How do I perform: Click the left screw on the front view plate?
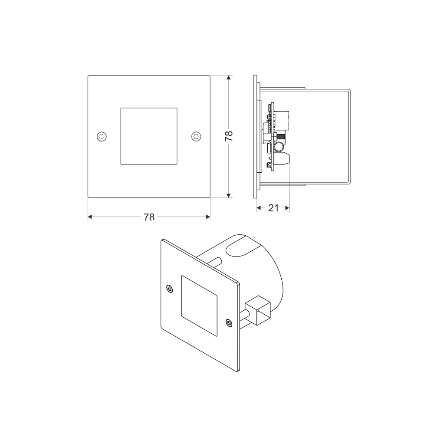102,136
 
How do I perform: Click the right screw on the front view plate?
196,136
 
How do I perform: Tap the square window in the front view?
149,136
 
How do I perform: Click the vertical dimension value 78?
229,136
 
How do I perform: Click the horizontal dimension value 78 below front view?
149,217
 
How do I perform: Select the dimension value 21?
273,208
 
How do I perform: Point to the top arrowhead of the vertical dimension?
229,78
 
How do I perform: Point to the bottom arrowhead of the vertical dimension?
229,195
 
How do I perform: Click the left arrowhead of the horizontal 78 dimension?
90,217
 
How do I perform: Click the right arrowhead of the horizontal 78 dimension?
208,217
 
